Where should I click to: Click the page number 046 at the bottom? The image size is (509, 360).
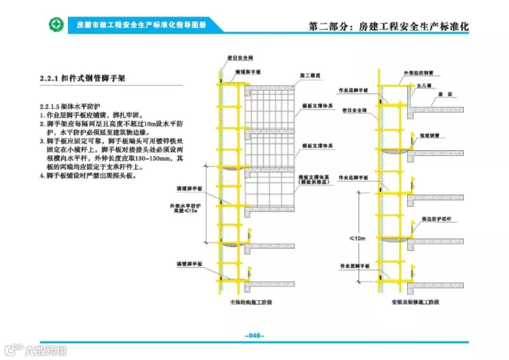point(255,336)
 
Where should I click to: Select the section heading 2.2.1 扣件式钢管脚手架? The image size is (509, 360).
point(81,79)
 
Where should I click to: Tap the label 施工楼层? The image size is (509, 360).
point(310,75)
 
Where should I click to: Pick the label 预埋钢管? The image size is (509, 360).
point(429,135)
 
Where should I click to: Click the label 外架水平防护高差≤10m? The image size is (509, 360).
point(185,208)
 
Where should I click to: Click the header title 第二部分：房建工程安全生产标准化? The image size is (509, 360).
point(389,26)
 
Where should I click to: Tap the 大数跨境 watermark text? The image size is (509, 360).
point(45,351)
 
